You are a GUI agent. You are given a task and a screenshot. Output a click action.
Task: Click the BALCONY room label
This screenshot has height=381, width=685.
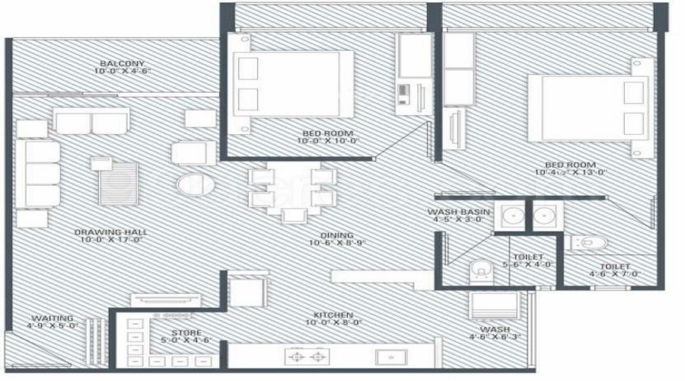(x=122, y=63)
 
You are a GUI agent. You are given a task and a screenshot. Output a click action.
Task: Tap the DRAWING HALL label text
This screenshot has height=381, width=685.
(x=110, y=232)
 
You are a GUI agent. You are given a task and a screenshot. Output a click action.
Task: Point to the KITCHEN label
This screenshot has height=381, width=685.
(x=333, y=314)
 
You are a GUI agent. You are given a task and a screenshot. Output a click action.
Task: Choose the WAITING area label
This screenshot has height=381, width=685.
(x=53, y=318)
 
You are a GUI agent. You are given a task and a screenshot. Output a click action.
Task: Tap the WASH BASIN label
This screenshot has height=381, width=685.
(x=457, y=211)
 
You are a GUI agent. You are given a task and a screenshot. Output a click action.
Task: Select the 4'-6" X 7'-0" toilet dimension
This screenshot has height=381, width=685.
(x=613, y=274)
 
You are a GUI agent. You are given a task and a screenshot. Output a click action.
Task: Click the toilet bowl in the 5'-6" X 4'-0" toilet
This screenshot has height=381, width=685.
(x=480, y=268)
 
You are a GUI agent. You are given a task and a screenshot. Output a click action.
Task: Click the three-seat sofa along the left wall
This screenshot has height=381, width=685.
(x=43, y=174)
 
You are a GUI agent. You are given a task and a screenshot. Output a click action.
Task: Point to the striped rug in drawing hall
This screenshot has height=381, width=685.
(x=119, y=184)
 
